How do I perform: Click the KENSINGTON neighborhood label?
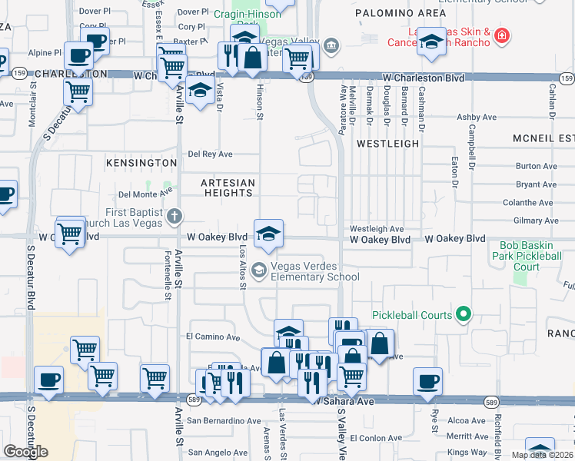point(141,163)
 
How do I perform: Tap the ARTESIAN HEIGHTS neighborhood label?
point(228,187)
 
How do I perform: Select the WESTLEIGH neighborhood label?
point(388,144)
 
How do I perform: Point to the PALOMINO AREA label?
point(401,14)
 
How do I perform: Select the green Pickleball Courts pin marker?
point(463,314)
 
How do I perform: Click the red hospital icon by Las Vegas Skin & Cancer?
point(501,35)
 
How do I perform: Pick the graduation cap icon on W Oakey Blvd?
point(268,233)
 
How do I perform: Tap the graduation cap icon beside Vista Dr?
point(200,91)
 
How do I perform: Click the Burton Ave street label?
point(536,166)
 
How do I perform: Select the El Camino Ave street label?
point(213,337)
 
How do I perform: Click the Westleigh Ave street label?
point(377,229)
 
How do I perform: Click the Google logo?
point(25,451)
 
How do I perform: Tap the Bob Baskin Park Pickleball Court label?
point(527,255)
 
